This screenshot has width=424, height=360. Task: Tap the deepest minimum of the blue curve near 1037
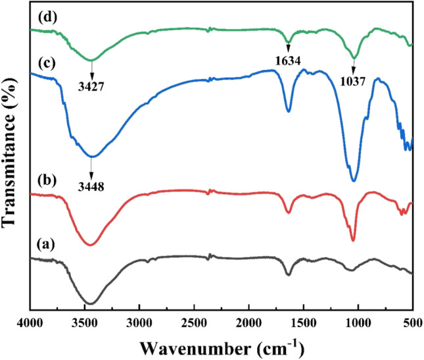click(x=354, y=181)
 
